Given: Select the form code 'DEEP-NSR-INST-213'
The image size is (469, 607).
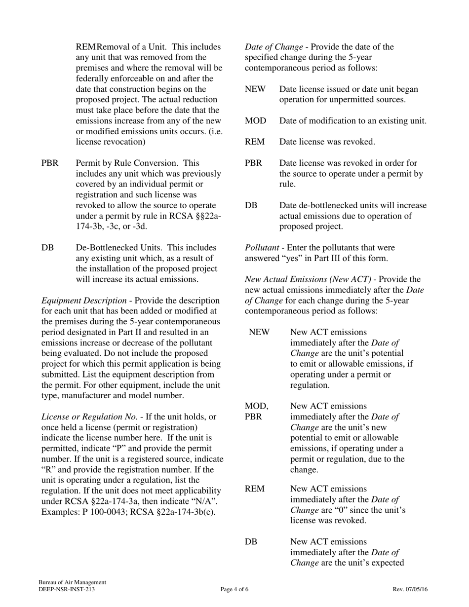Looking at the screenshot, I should point(67,589).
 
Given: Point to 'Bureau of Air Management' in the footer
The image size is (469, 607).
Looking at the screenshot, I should point(73,582).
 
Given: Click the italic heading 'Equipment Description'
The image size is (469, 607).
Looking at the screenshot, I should point(83,301).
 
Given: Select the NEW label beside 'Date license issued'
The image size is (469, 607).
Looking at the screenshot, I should point(255,89).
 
